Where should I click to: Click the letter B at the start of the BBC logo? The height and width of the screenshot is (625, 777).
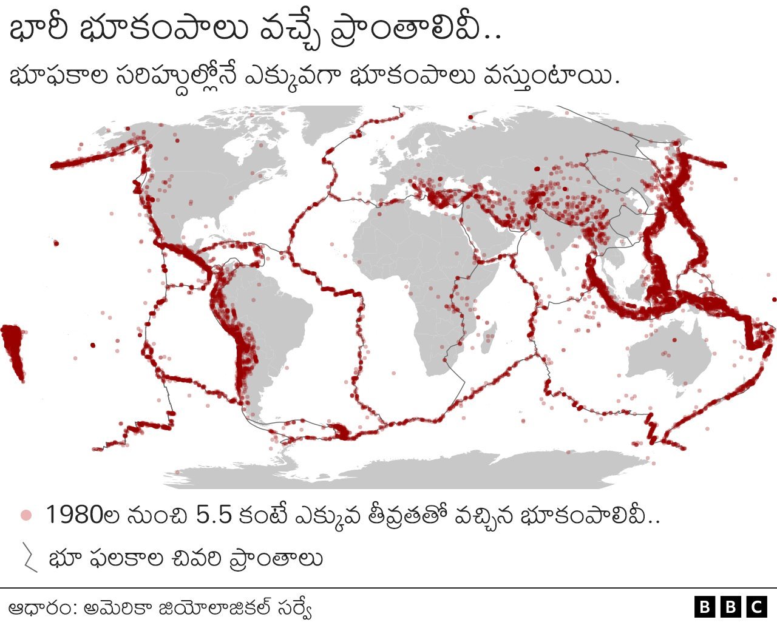coord(704,607)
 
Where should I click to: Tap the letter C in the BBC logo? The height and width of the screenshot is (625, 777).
coord(756,607)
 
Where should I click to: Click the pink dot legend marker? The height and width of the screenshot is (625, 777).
coord(25,515)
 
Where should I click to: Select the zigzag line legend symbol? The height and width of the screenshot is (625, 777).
coord(29,558)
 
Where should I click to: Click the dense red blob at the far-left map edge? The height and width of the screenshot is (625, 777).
coord(12,349)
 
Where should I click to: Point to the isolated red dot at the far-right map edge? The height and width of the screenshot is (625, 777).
coord(773,299)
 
